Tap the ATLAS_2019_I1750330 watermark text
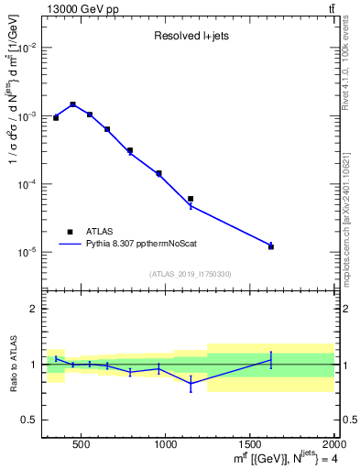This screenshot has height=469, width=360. pos(191,274)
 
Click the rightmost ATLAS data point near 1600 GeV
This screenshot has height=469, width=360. pos(271,246)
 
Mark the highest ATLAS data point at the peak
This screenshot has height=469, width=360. pos(72,104)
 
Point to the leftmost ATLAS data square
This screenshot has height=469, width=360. pos(56,117)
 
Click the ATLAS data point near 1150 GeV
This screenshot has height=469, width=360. pos(191,199)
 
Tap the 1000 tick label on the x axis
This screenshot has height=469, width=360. pos(166,445)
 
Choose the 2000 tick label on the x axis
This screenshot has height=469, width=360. pos(333,445)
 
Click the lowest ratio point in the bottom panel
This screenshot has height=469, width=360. pos(191,385)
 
